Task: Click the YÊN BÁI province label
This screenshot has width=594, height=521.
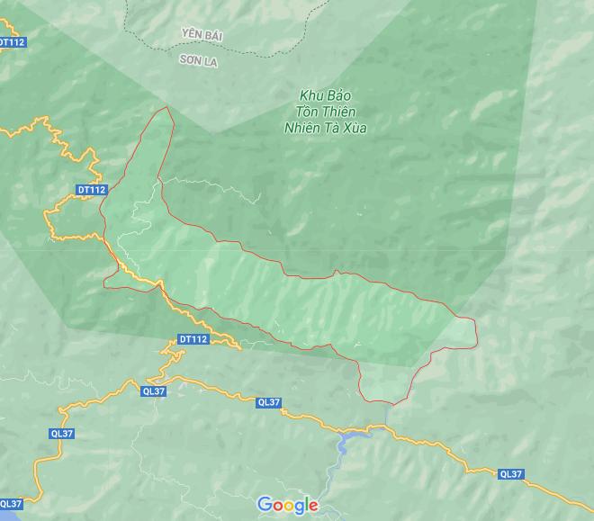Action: [202, 35]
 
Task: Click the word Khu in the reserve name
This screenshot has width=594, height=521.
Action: [311, 95]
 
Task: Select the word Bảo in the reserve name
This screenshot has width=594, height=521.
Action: [337, 95]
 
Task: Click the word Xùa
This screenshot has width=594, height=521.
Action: [355, 128]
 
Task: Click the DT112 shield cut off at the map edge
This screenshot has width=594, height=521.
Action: [10, 41]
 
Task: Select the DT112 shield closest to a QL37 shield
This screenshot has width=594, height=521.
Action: [193, 339]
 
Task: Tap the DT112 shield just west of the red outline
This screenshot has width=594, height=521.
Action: [92, 190]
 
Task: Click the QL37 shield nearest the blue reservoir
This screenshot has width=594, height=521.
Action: [267, 402]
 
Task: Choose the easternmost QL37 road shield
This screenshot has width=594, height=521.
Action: [510, 473]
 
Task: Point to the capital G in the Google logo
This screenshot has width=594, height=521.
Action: [265, 505]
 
